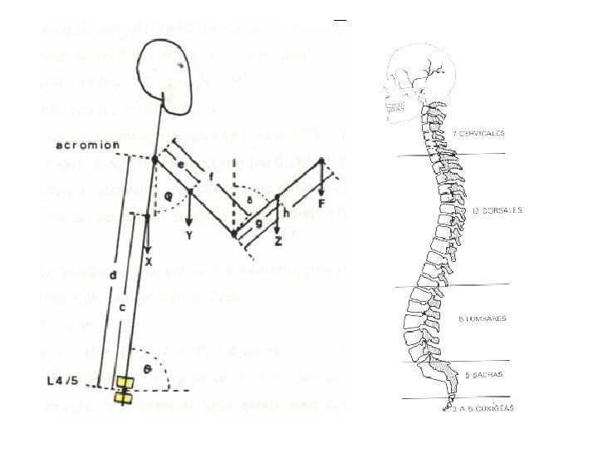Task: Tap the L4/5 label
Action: tap(63, 381)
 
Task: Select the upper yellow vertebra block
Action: tap(125, 382)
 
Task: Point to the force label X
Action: tap(149, 261)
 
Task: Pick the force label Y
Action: tap(190, 234)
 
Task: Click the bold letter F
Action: tap(320, 201)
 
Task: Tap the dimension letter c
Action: tap(122, 306)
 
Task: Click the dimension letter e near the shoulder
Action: tap(180, 165)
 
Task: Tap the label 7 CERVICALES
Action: tap(478, 134)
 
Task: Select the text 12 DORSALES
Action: tap(497, 211)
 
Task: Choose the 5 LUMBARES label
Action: tap(482, 318)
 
